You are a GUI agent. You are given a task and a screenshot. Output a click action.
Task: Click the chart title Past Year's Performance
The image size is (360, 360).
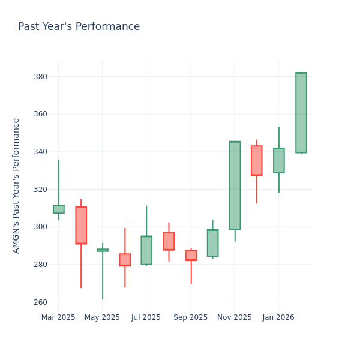click(x=79, y=27)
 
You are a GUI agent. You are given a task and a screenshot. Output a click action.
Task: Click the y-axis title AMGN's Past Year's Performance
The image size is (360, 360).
click(x=16, y=185)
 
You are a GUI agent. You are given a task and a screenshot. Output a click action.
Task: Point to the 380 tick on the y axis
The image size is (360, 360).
click(x=40, y=77)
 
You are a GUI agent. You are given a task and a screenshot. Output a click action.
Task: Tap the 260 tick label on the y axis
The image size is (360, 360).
click(x=40, y=302)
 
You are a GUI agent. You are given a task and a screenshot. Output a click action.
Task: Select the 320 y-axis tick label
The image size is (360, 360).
click(x=40, y=190)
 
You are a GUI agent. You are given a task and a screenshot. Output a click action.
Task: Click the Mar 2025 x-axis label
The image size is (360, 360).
click(x=58, y=317)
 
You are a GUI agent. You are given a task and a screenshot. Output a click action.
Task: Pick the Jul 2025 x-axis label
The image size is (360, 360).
click(x=146, y=317)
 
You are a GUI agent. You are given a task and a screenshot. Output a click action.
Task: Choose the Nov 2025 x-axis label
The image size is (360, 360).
click(x=235, y=317)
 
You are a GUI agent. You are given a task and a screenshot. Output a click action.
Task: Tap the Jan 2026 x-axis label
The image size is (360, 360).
click(x=278, y=317)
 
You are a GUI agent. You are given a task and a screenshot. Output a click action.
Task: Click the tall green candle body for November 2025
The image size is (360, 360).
click(x=235, y=185)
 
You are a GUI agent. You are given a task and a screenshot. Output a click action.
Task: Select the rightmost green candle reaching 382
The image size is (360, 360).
click(x=301, y=113)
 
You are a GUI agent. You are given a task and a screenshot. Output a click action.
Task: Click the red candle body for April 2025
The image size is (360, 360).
click(x=81, y=225)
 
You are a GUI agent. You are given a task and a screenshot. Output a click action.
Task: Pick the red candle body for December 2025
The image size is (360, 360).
click(x=256, y=160)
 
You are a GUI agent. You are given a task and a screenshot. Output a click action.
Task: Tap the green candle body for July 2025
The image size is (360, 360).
click(x=146, y=250)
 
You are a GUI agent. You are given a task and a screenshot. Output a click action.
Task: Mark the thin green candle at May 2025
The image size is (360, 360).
click(x=103, y=250)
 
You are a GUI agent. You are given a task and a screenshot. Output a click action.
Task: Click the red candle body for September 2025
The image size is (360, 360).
click(x=191, y=255)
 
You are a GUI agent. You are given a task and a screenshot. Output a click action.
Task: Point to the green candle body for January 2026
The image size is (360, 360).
click(x=278, y=160)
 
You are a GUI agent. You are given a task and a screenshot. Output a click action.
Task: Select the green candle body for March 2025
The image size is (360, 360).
click(x=58, y=209)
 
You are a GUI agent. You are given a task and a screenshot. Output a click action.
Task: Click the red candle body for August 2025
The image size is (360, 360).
click(x=169, y=241)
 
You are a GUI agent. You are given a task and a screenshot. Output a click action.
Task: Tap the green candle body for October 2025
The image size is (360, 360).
click(x=212, y=243)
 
